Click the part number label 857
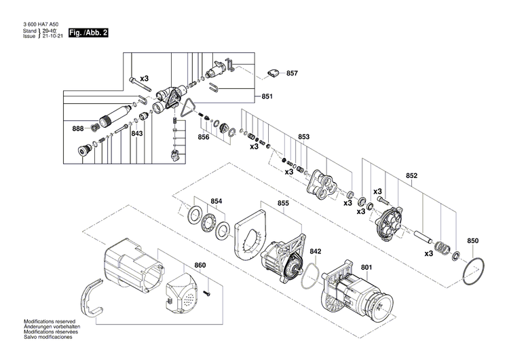293,73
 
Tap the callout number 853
303,137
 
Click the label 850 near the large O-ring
473,241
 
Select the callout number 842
316,251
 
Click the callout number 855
283,203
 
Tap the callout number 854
216,201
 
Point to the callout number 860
200,265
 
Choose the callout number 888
78,128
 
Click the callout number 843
137,134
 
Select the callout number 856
203,137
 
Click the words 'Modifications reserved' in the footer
50,321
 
